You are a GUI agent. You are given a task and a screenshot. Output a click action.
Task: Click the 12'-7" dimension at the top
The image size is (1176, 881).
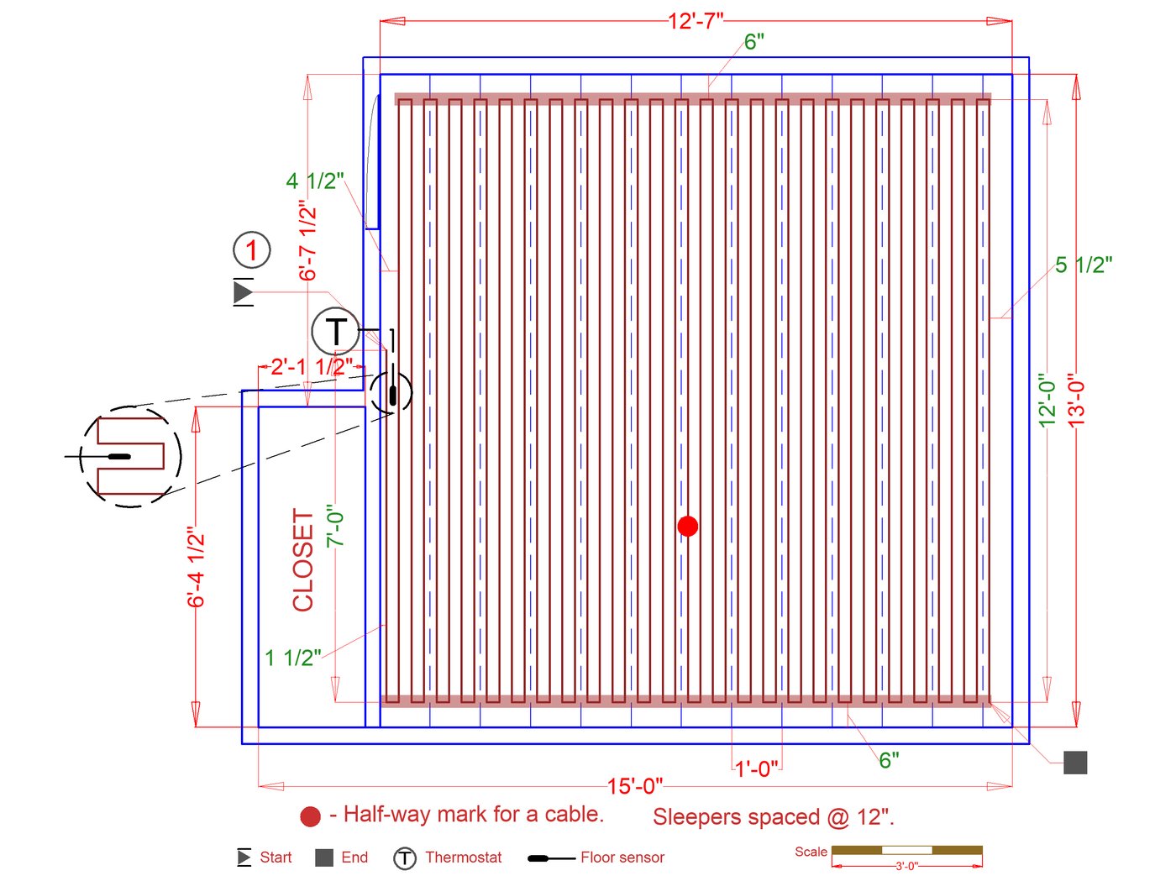pyautogui.click(x=696, y=20)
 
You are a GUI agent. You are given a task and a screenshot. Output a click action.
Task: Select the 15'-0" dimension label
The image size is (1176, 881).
pyautogui.click(x=635, y=786)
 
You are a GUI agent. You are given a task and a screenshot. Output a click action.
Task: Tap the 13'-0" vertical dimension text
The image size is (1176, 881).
pyautogui.click(x=1076, y=400)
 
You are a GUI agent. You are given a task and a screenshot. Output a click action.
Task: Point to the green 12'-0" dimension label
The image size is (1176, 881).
pyautogui.click(x=1047, y=400)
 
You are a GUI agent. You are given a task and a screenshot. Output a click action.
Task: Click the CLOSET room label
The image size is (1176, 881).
pyautogui.click(x=303, y=559)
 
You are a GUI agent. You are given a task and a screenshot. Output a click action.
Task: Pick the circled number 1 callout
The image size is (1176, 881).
pyautogui.click(x=251, y=249)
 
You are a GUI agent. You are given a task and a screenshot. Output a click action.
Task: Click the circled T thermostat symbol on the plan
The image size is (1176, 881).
pyautogui.click(x=336, y=331)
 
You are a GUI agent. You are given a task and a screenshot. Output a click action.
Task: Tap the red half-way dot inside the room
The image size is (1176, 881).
pyautogui.click(x=687, y=526)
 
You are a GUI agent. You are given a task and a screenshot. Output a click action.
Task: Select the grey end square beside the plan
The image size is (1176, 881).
pyautogui.click(x=1075, y=763)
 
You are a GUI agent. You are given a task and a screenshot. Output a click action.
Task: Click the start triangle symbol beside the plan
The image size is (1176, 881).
pyautogui.click(x=243, y=292)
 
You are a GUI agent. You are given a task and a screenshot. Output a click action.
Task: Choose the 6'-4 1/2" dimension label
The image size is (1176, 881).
pyautogui.click(x=196, y=567)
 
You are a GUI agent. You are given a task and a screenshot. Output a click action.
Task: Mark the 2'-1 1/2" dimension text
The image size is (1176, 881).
pyautogui.click(x=312, y=366)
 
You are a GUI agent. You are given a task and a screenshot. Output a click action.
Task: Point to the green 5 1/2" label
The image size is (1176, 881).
pyautogui.click(x=1084, y=265)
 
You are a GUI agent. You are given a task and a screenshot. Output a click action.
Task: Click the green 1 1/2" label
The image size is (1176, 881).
pyautogui.click(x=293, y=658)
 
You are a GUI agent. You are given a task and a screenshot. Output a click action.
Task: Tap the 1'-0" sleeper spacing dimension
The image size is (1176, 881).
pyautogui.click(x=757, y=768)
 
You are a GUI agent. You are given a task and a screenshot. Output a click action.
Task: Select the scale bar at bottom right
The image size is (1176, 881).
pyautogui.click(x=906, y=850)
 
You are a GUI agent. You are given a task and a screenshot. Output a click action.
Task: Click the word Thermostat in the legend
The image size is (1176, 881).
pyautogui.click(x=463, y=857)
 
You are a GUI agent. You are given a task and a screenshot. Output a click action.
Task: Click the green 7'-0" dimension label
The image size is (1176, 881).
pyautogui.click(x=336, y=526)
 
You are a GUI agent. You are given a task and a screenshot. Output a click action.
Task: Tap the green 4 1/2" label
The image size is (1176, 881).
pyautogui.click(x=315, y=181)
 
